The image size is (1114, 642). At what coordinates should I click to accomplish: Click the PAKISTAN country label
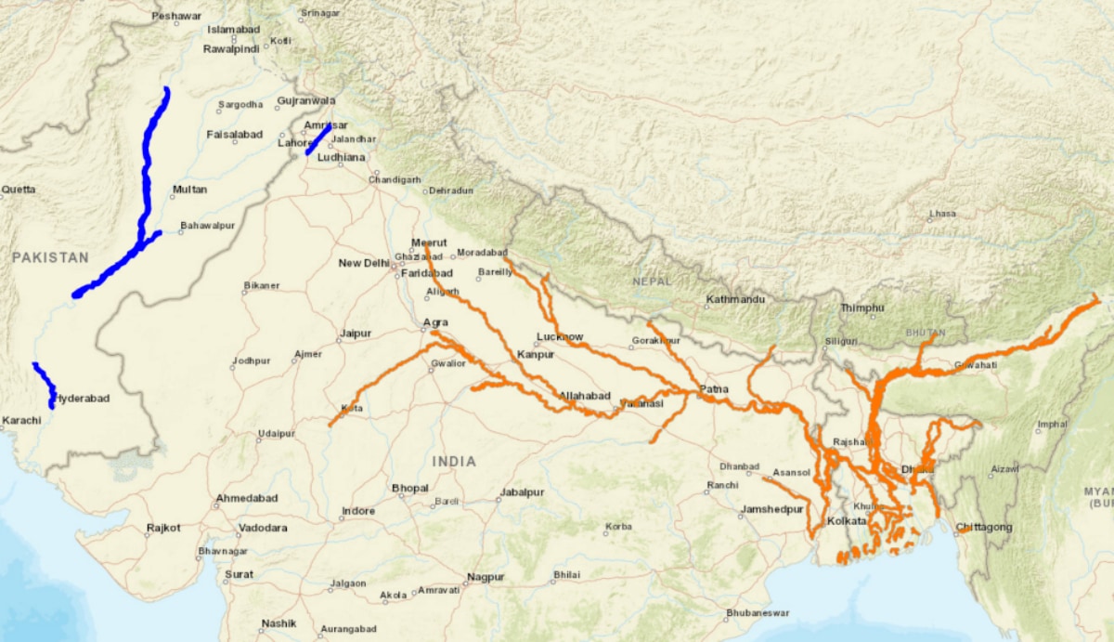[50, 257]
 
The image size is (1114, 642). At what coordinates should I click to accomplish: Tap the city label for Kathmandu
[735, 300]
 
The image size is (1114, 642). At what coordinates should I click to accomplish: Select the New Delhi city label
[363, 263]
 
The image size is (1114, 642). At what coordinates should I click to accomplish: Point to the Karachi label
[20, 421]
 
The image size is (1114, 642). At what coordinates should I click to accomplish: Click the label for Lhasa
[942, 214]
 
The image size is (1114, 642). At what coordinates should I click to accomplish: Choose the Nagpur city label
[486, 577]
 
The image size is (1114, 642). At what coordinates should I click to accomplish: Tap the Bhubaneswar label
[758, 613]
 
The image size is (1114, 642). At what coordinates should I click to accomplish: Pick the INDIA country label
[454, 462]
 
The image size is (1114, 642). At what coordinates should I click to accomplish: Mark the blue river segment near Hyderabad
[44, 383]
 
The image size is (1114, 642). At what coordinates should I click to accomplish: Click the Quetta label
[19, 190]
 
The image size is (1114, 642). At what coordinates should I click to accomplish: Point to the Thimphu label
[862, 308]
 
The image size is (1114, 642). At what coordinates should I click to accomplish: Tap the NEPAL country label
[651, 281]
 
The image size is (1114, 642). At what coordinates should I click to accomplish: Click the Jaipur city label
[356, 333]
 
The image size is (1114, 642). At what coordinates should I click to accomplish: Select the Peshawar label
[176, 16]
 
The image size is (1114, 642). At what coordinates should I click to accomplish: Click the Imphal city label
[1053, 425]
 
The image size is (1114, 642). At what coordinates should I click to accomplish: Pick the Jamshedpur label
[771, 509]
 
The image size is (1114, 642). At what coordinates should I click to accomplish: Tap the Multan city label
[189, 190]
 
